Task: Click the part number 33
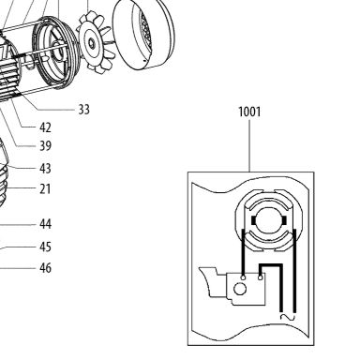pos(83,110)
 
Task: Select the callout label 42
pos(45,127)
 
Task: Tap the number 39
pos(45,145)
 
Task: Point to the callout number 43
pos(45,169)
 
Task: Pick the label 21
pos(45,189)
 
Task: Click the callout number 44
pos(45,224)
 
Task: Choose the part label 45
pos(45,247)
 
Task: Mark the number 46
pos(45,268)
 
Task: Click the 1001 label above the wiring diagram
pos(249,112)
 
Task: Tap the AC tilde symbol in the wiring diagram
pos(288,317)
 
